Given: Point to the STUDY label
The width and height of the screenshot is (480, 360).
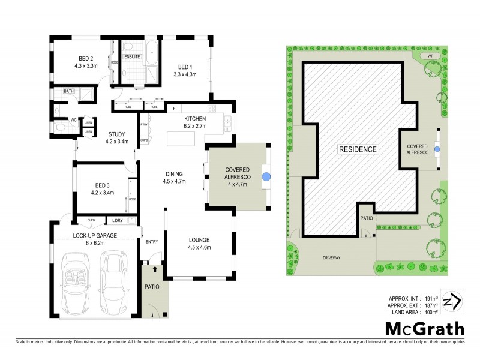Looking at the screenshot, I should [x=116, y=134].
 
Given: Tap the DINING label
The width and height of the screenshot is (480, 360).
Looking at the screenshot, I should [x=175, y=174].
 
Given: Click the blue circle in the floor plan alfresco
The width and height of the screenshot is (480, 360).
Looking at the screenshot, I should [x=266, y=176].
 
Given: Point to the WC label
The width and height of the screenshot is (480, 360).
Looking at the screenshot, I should [x=73, y=120].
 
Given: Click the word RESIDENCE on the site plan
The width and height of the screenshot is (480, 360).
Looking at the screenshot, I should [x=358, y=149].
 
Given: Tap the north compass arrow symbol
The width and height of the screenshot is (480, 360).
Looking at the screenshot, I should [x=455, y=301].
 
